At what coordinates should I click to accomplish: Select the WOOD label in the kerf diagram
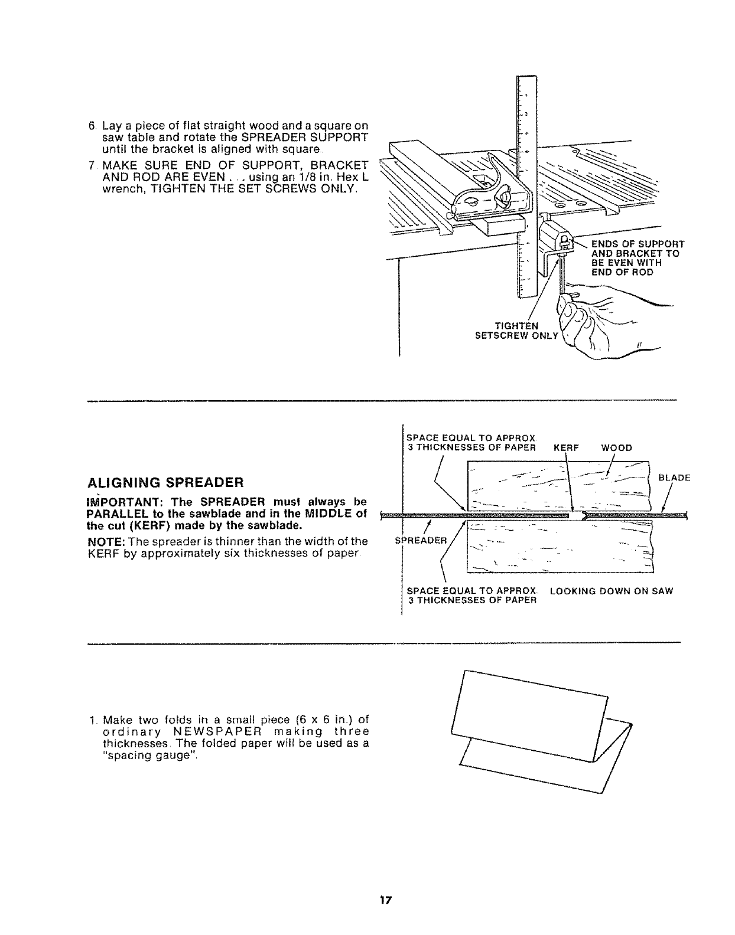(x=616, y=447)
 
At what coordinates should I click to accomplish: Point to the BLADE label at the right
(x=674, y=478)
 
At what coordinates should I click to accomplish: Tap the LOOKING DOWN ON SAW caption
(x=611, y=591)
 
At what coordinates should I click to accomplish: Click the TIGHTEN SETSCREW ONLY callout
(x=517, y=331)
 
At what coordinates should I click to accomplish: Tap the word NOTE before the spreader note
(x=99, y=541)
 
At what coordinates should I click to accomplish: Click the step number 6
(x=92, y=126)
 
